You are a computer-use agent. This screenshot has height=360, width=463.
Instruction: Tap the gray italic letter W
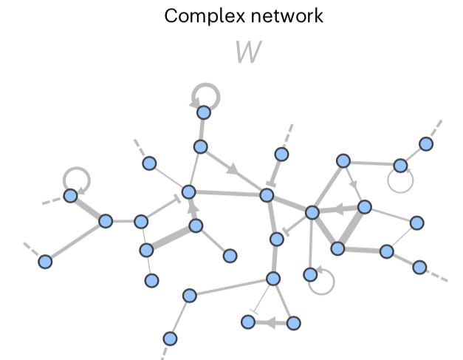coord(248,52)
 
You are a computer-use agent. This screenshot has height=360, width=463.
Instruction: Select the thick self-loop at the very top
coord(205,95)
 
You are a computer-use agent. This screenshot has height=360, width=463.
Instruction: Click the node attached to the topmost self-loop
coord(204,113)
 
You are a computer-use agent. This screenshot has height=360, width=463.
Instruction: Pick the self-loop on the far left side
coord(76,178)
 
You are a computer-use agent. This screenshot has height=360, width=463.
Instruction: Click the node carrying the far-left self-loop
coord(70,196)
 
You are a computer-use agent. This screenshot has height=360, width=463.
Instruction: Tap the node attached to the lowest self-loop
coord(310,274)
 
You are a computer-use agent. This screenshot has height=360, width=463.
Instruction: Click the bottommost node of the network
coord(170,339)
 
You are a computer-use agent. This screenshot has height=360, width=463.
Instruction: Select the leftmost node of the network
coord(45,261)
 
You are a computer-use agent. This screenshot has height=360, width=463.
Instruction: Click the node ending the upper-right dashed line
coord(425,143)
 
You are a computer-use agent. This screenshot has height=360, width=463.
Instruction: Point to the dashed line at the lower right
coord(436,275)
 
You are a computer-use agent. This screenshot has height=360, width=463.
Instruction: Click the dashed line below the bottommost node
coord(164,353)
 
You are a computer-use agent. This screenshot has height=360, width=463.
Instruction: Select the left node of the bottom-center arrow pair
coord(248,322)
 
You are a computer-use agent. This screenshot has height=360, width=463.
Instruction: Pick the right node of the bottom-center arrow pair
coord(294,322)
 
